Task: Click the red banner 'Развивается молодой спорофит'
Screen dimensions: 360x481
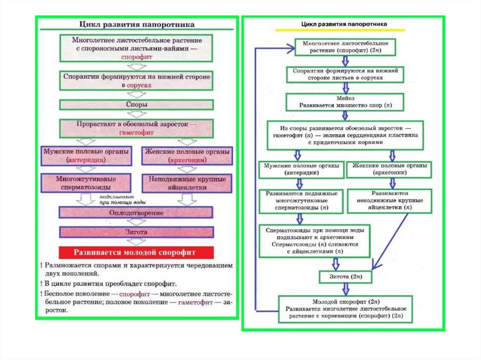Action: [x=136, y=253]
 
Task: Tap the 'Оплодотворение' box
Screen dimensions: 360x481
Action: [x=136, y=213]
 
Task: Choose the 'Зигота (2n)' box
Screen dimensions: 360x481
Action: [x=345, y=277]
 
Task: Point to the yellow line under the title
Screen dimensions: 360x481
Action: [x=340, y=30]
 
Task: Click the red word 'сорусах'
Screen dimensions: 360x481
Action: [x=139, y=85]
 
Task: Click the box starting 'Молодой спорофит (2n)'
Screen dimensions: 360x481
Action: [x=345, y=309]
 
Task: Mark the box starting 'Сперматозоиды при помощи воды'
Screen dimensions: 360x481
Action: [x=315, y=241]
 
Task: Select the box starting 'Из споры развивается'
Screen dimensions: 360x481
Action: [x=345, y=136]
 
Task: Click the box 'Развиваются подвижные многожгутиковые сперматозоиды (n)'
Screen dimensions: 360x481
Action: [x=301, y=200]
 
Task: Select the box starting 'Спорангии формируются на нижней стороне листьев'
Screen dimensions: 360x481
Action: [x=345, y=74]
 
